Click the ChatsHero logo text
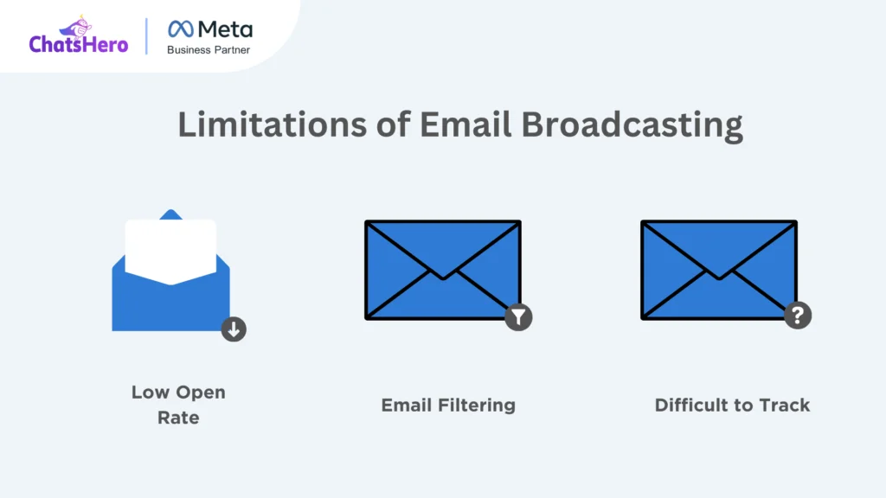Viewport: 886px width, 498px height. click(x=79, y=44)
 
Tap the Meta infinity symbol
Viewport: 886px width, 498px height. click(x=181, y=29)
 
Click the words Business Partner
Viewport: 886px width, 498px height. click(x=209, y=50)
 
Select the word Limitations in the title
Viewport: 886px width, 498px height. click(x=273, y=124)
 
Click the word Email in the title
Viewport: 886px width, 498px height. click(x=465, y=124)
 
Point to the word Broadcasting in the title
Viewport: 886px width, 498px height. click(x=632, y=125)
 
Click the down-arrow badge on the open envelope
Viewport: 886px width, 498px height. click(x=234, y=329)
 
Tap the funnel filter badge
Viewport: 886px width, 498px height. click(x=519, y=316)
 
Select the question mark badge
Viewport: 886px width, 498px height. click(x=798, y=315)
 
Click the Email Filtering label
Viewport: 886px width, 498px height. click(x=448, y=405)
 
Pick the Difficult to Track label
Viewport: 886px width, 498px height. click(x=732, y=405)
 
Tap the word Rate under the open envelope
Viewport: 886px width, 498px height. click(x=178, y=418)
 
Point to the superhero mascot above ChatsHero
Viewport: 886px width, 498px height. click(x=76, y=27)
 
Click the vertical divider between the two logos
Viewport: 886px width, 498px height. click(x=146, y=36)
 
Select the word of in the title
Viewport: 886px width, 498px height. click(x=394, y=124)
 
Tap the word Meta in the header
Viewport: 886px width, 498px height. click(x=226, y=29)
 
